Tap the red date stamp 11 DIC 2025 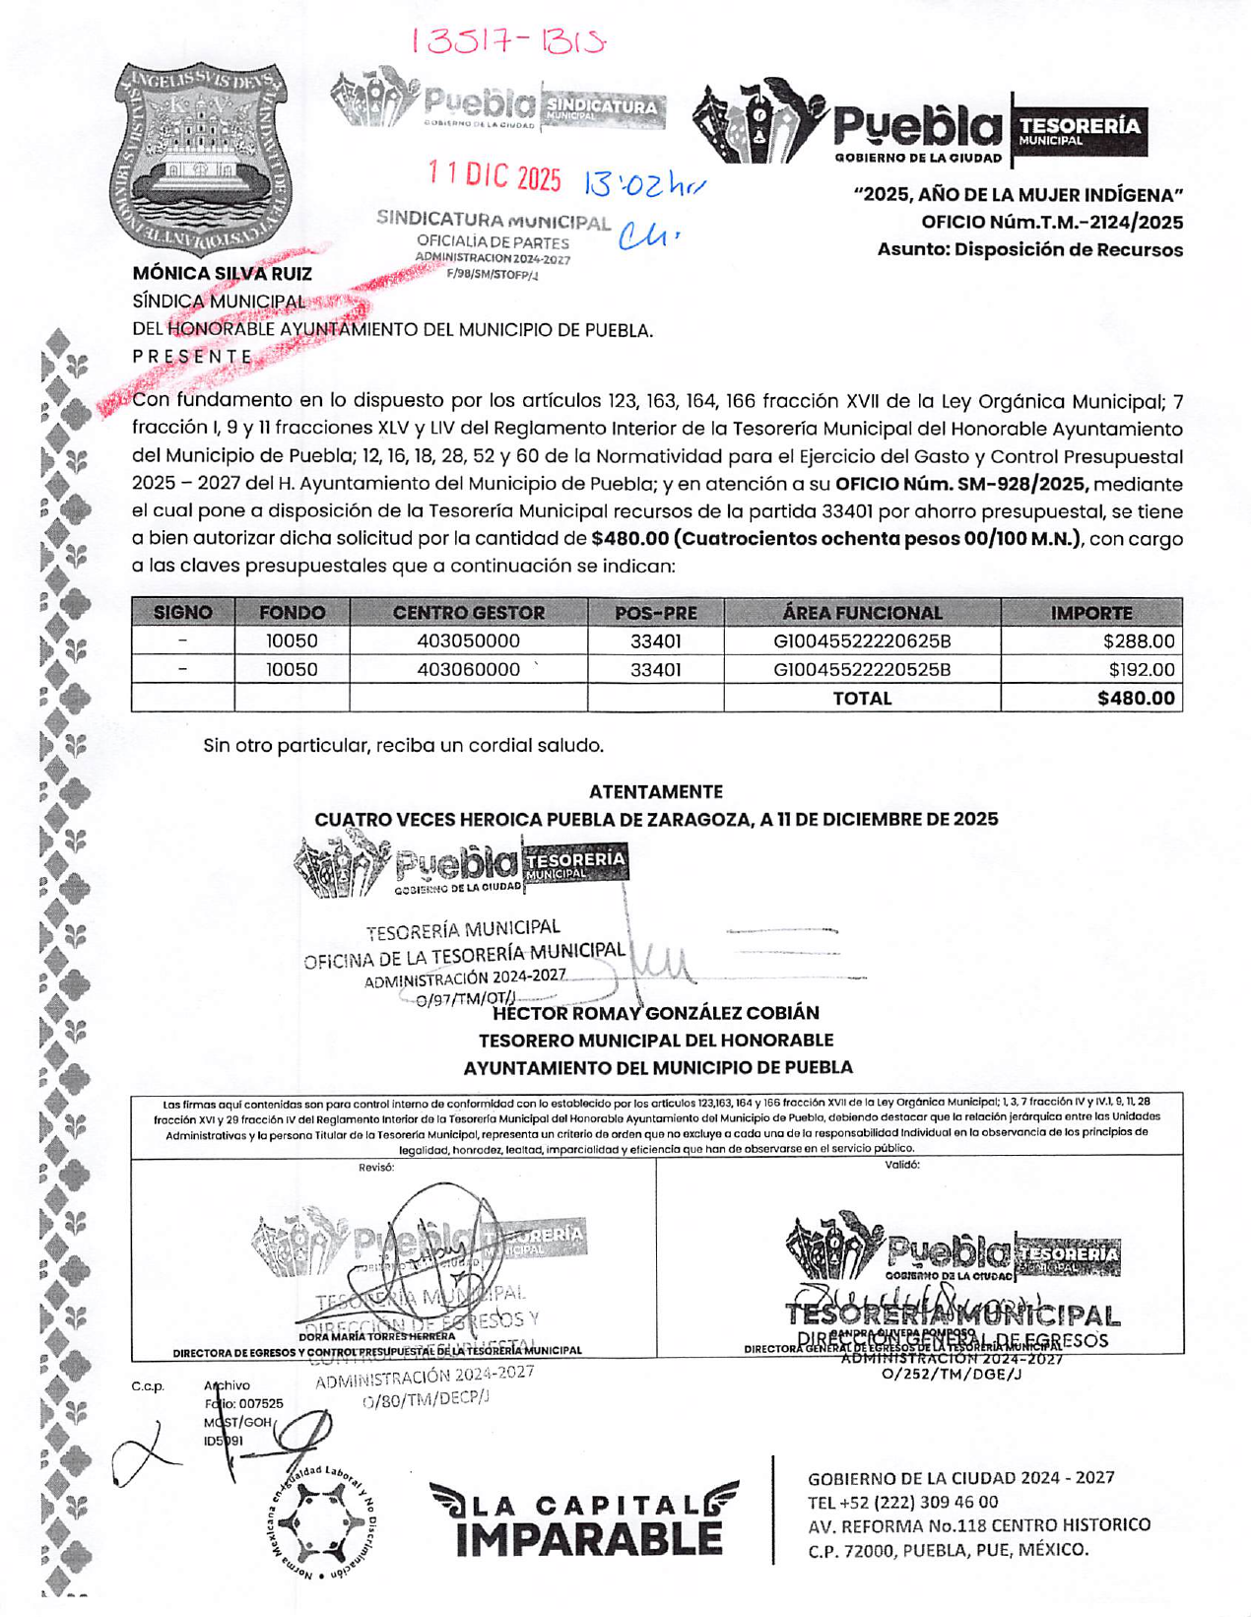coord(494,176)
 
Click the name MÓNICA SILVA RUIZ coord(223,274)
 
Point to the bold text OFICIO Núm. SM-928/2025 coord(961,484)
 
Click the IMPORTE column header coord(1090,612)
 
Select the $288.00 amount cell coord(1139,641)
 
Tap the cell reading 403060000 coord(468,670)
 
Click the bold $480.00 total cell coord(1136,699)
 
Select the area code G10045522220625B coord(862,641)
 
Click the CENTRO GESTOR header coord(468,612)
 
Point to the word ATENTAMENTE coord(655,791)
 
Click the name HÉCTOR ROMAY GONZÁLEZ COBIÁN coord(655,1013)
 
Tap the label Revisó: coord(376,1167)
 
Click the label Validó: coord(902,1165)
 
